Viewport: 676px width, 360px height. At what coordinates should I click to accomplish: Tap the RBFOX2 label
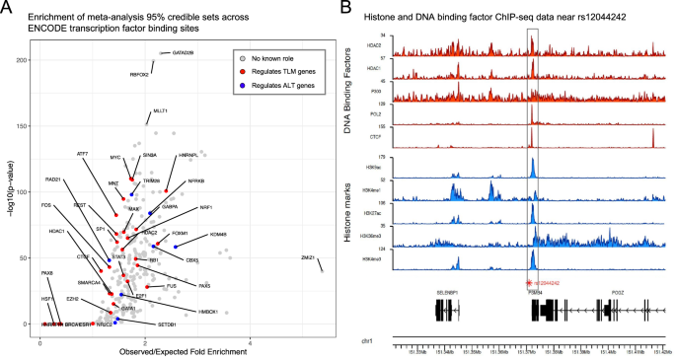(139, 74)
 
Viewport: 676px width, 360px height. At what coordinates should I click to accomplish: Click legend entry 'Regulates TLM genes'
(279, 73)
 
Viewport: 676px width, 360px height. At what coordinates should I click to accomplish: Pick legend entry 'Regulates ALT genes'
(279, 86)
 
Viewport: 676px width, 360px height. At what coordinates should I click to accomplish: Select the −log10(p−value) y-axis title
(9, 192)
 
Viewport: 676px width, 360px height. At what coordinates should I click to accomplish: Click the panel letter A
(7, 8)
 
